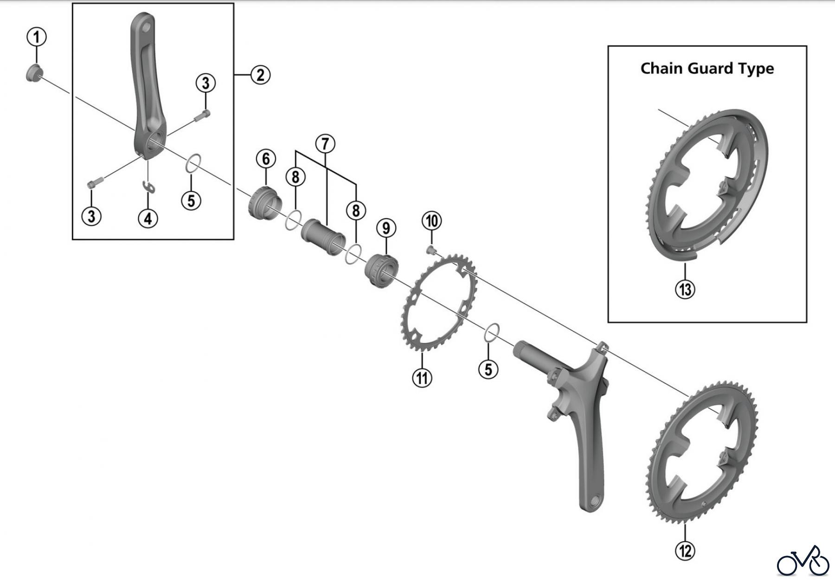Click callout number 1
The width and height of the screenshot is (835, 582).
(37, 37)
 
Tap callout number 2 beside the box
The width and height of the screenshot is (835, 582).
(260, 74)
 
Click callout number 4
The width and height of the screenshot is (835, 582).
(148, 218)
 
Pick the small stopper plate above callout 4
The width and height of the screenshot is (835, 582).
(148, 186)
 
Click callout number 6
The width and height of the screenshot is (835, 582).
(266, 159)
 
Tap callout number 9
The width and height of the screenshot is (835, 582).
(386, 228)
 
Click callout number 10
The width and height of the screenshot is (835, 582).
(432, 220)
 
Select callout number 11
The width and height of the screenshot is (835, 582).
(422, 377)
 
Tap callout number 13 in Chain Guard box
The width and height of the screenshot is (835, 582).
(685, 289)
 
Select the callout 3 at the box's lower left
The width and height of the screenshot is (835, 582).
(91, 216)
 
